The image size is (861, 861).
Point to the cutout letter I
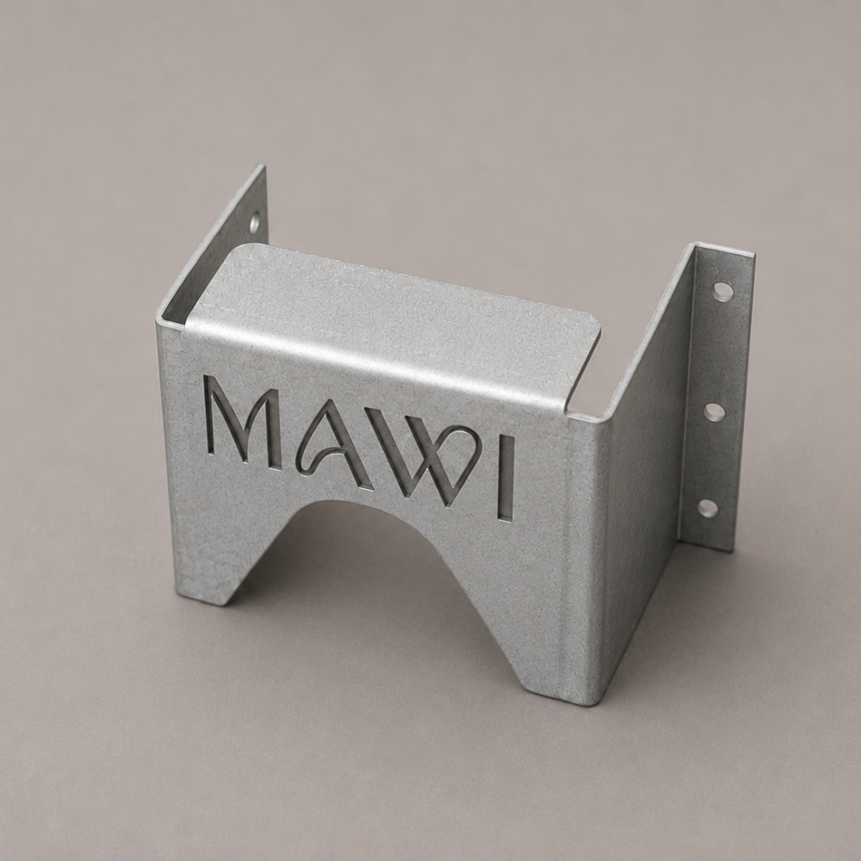(505, 478)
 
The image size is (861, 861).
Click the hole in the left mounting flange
(256, 222)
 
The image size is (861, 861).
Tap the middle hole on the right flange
(715, 412)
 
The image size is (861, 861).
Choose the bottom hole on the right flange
(708, 507)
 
